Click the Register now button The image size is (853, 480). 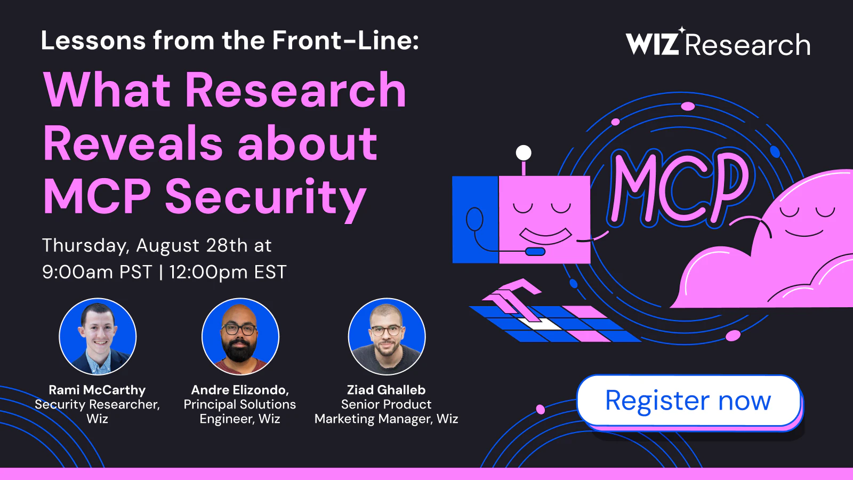click(688, 401)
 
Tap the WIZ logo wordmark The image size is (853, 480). click(653, 43)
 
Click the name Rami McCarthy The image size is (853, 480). click(97, 390)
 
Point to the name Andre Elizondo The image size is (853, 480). click(239, 390)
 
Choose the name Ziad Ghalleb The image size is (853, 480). click(386, 390)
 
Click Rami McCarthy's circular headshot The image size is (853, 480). click(98, 337)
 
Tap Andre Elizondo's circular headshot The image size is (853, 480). click(240, 337)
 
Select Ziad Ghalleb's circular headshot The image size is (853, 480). click(387, 337)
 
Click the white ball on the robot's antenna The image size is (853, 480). click(524, 153)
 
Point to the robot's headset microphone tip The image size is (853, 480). click(535, 251)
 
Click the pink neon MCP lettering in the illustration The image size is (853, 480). click(678, 189)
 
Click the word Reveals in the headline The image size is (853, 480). click(133, 143)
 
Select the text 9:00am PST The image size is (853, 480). click(97, 272)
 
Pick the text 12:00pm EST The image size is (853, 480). click(228, 272)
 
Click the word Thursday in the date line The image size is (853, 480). click(88, 246)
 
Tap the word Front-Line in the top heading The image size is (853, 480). click(345, 40)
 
